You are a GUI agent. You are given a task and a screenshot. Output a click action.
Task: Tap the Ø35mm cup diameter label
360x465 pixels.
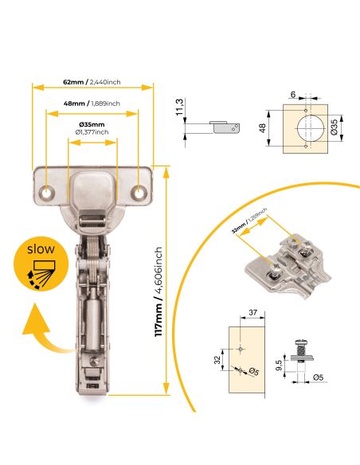(x=92, y=125)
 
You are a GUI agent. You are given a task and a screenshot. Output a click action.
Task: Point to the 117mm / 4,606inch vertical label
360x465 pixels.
(x=159, y=291)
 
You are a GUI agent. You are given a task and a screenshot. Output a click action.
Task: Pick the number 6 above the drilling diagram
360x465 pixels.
(x=292, y=95)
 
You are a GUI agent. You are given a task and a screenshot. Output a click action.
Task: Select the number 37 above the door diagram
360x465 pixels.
(x=252, y=314)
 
